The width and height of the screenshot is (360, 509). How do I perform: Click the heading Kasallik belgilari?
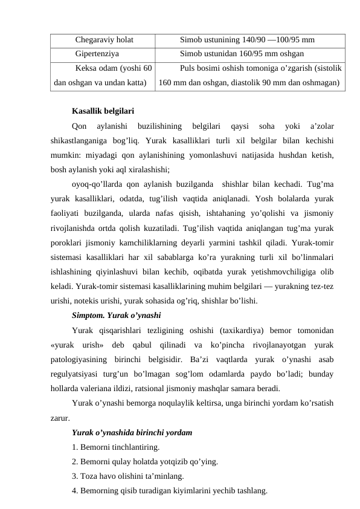tap(103, 111)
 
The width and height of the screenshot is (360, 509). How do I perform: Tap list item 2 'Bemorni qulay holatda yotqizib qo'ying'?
tap(145, 462)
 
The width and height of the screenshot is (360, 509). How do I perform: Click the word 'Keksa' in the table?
tap(88, 68)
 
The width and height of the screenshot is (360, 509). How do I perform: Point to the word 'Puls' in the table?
tap(188, 68)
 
